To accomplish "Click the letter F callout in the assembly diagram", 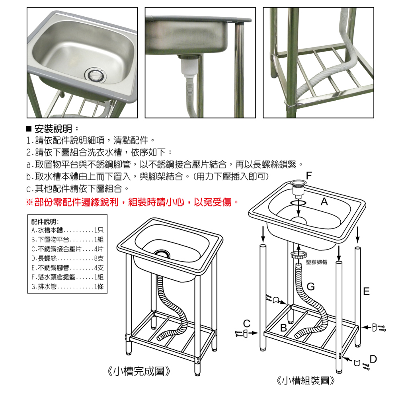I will [309, 176].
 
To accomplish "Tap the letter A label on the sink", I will [324, 202].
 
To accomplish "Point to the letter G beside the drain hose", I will [311, 287].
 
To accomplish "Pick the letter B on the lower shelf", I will [283, 328].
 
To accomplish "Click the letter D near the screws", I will [373, 359].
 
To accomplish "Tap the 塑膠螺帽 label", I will [316, 263].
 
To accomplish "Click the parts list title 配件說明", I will [45, 221].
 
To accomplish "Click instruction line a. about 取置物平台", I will [163, 164].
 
